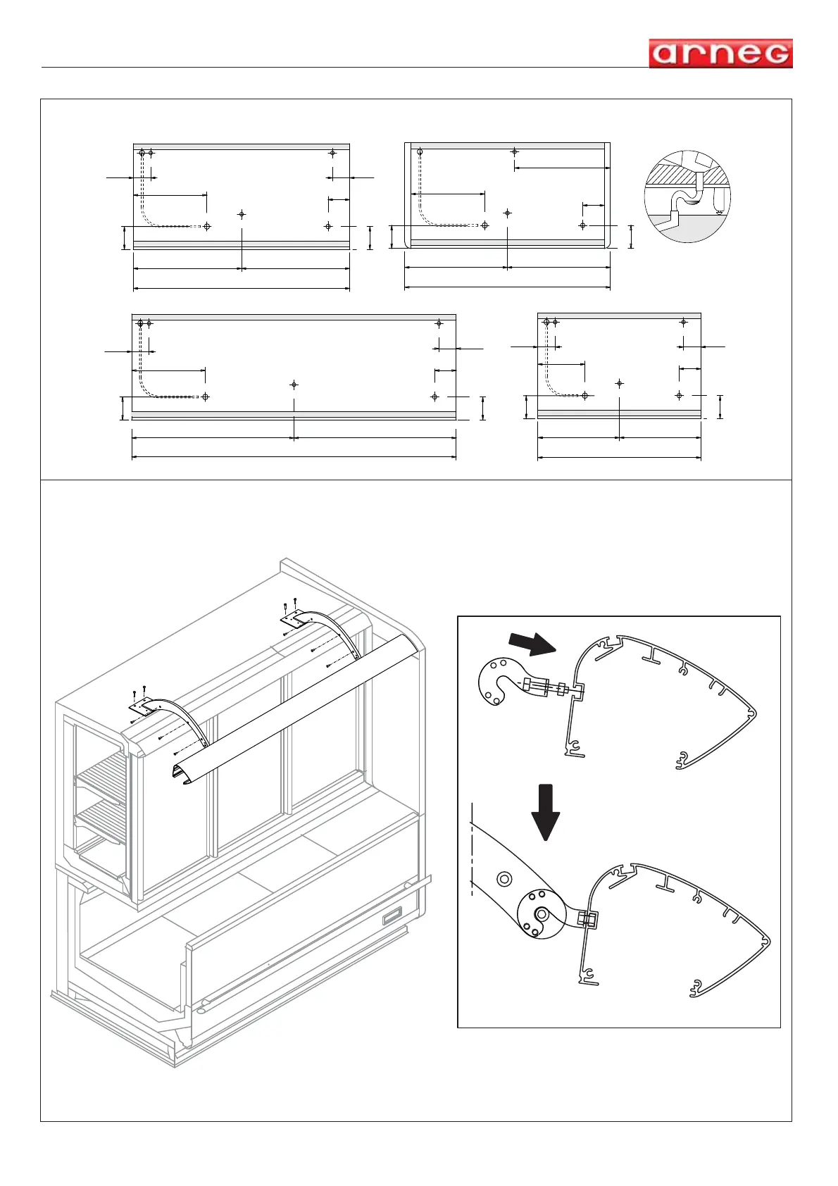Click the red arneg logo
coord(720,54)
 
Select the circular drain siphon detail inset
coord(687,196)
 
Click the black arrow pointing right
coord(532,643)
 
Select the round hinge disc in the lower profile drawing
coord(541,913)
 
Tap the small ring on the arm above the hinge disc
coord(504,878)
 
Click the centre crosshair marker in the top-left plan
coord(242,214)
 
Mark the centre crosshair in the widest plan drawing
coord(294,385)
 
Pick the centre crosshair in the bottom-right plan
coord(619,384)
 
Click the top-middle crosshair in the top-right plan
coord(515,151)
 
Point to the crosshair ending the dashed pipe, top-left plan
coord(206,226)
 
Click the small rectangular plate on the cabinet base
coord(392,916)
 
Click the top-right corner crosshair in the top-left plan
coord(332,152)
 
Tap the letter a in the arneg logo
coord(665,54)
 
